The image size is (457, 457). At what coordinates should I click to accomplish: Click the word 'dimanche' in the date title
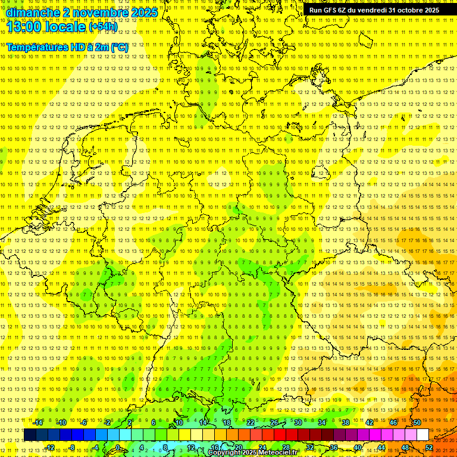point(33,12)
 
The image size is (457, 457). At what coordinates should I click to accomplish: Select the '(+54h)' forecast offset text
point(103,27)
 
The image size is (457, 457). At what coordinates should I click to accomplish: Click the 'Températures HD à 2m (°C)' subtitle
point(67,47)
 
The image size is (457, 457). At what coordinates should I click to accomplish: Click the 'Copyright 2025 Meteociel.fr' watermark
point(253,453)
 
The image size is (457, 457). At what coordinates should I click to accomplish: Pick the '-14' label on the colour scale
point(38,422)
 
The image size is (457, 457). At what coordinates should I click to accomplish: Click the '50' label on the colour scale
point(417,422)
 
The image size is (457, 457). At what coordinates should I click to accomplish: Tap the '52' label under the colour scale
point(429,447)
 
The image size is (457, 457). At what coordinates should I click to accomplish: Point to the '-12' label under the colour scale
point(50,447)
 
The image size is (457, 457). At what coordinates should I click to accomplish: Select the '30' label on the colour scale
point(298,422)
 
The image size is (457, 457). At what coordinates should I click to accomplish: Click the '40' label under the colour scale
point(358,447)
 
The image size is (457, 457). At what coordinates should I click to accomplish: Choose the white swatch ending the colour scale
point(423,435)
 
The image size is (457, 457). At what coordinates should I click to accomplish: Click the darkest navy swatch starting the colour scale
point(30,435)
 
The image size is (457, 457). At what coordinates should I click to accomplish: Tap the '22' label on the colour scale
point(251,422)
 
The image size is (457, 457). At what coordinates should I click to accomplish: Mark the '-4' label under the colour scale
point(96,447)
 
